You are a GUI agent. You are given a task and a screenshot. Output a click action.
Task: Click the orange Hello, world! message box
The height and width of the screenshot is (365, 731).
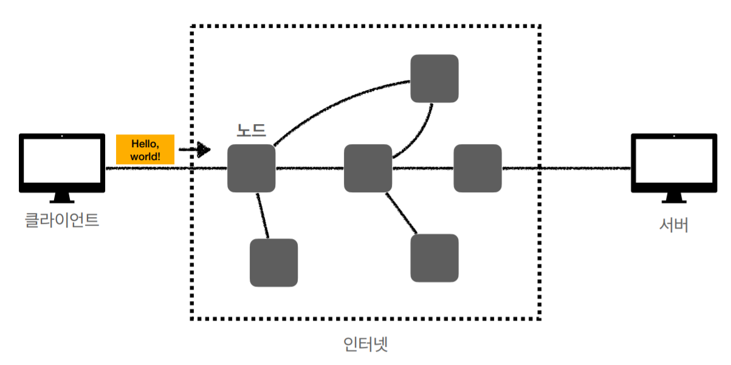tap(145, 149)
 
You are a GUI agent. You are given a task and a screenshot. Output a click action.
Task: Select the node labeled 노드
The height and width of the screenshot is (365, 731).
tap(251, 169)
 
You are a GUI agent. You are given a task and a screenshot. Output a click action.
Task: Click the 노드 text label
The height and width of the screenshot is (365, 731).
tap(251, 130)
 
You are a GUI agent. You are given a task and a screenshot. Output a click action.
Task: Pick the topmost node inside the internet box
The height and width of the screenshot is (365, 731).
tap(434, 78)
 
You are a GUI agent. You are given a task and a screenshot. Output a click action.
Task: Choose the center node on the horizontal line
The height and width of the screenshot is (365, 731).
tap(368, 169)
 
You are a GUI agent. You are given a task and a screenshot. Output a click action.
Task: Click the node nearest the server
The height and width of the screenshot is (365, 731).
tap(478, 169)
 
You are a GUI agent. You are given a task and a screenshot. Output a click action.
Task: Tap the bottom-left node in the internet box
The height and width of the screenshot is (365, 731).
tap(273, 263)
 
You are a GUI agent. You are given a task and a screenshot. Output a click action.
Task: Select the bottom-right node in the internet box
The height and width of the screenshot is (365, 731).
tap(434, 258)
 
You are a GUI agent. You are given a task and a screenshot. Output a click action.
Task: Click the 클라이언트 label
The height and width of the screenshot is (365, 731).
tap(61, 220)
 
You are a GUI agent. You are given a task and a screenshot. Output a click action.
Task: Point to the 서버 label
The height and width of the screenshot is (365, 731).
tap(674, 224)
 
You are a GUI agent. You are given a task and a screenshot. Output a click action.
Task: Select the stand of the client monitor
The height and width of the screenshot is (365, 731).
tap(61, 197)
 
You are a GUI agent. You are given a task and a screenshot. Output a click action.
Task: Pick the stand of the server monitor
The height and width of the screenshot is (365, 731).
tap(674, 197)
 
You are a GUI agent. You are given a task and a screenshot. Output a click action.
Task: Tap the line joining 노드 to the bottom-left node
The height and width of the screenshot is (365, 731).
tap(263, 215)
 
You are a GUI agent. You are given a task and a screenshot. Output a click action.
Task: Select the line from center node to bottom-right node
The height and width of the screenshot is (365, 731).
tap(401, 214)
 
